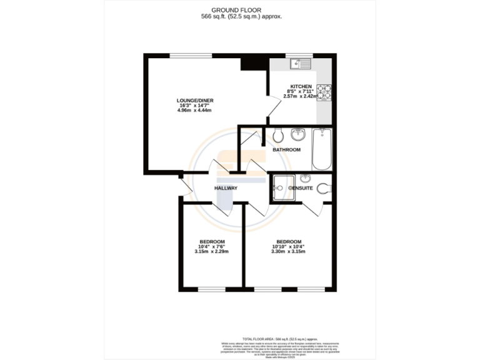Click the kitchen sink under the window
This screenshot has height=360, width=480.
click(x=301, y=63)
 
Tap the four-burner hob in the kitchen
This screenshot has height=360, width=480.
click(x=324, y=92)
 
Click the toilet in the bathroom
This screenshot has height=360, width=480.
click(x=278, y=134)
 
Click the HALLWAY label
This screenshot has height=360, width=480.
click(x=226, y=188)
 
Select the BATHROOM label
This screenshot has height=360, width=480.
click(x=286, y=150)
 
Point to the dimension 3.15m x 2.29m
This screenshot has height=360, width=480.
click(x=212, y=252)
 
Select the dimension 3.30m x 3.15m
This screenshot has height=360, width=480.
click(x=289, y=252)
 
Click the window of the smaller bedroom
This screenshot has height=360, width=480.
click(x=212, y=290)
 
